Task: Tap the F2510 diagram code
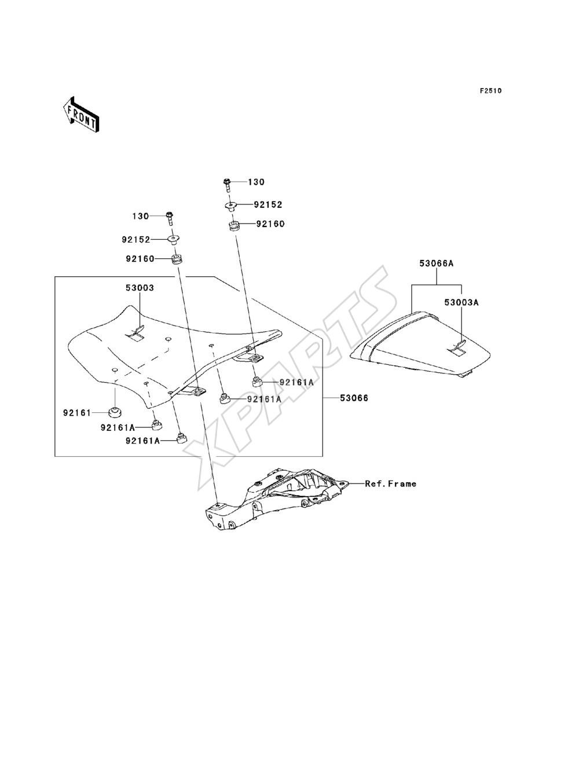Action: [x=490, y=91]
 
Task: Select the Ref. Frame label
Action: [x=390, y=484]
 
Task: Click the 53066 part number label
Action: [x=354, y=398]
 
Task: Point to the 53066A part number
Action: [x=437, y=263]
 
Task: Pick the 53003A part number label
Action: [x=461, y=302]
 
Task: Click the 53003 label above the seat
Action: [x=140, y=288]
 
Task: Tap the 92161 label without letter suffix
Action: [x=76, y=413]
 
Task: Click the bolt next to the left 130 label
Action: [x=170, y=218]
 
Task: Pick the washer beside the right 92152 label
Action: [x=230, y=206]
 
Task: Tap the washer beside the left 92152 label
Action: [x=173, y=239]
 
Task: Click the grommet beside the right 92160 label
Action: [x=234, y=226]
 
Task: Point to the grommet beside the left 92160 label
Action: [x=177, y=259]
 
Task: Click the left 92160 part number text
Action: [x=140, y=259]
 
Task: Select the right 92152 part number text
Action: [x=268, y=205]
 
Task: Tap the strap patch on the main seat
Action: [x=135, y=334]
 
